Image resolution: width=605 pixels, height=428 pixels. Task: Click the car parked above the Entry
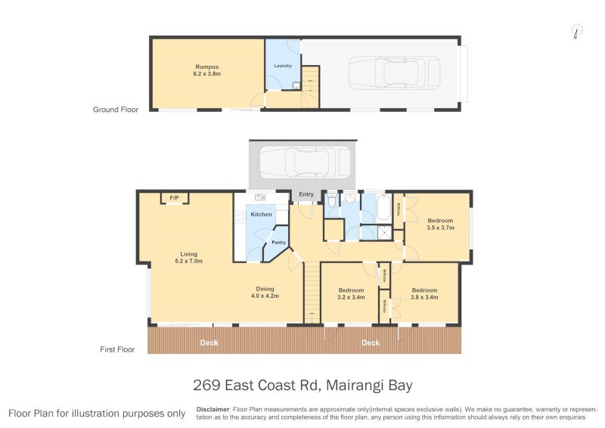(300, 161)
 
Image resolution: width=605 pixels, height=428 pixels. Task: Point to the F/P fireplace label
(174, 198)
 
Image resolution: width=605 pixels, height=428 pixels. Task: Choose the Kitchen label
(261, 215)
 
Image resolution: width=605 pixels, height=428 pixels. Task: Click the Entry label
(306, 194)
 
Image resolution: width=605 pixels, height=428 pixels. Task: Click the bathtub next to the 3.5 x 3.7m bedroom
(383, 206)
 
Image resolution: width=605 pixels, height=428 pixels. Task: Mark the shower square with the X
(384, 233)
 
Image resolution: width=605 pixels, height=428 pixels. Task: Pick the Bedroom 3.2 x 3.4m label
(351, 293)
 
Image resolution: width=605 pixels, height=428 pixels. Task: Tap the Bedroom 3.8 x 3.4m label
(424, 293)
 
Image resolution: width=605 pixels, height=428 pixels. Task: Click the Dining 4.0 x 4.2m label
(265, 292)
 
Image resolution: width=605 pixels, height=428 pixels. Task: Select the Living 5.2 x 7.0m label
(188, 257)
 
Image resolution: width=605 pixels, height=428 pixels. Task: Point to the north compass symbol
(576, 32)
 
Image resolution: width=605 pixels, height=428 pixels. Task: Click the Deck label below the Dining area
(209, 343)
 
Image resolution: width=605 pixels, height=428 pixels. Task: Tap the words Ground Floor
(116, 110)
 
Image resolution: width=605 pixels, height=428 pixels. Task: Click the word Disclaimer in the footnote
(213, 408)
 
